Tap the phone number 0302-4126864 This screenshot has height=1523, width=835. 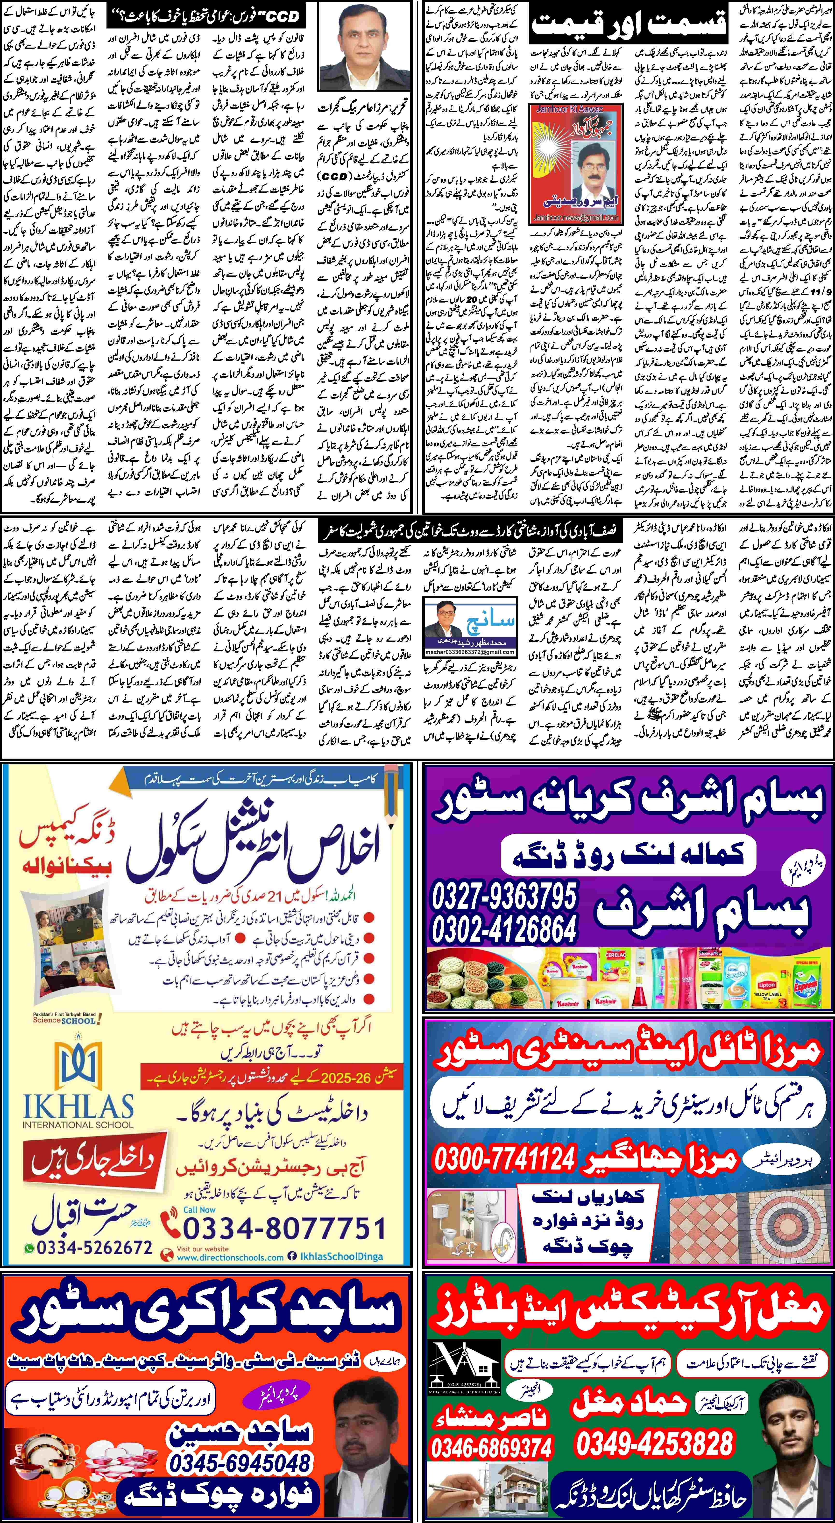tap(504, 928)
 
